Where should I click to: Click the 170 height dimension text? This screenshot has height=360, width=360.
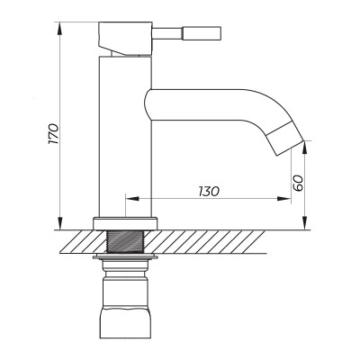pos(53,134)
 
